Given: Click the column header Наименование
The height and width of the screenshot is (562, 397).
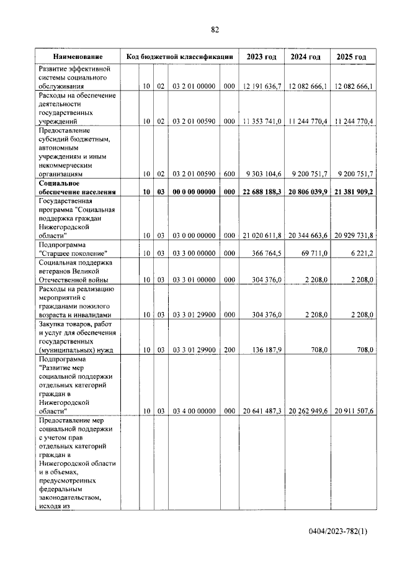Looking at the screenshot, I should tap(78, 57).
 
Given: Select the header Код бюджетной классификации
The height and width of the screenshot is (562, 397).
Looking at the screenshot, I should tap(179, 57).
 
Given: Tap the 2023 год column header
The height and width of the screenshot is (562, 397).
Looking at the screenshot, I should tap(261, 57).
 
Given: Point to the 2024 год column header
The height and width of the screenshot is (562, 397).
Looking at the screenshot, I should tap(306, 57).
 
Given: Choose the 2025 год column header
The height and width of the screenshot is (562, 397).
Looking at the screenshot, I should tap(352, 57).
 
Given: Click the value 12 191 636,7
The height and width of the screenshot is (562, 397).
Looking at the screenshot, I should tap(262, 86).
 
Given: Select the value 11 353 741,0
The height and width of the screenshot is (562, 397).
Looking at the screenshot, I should tap(262, 121).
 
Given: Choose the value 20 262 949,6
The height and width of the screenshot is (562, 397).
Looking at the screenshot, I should tap(307, 410).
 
